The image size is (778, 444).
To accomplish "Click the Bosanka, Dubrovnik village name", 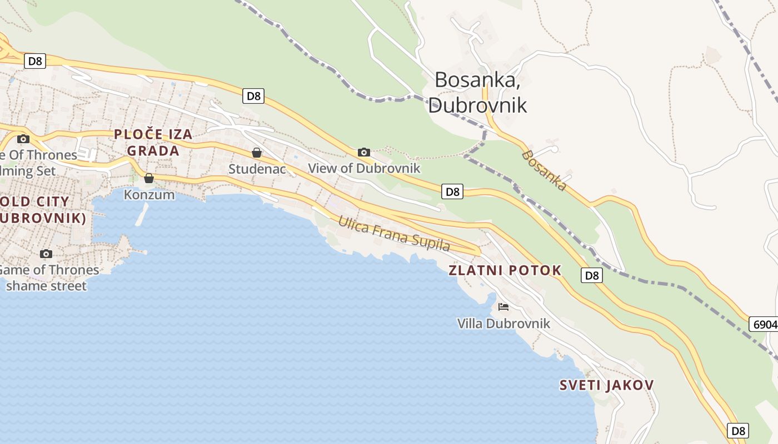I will click(x=477, y=92).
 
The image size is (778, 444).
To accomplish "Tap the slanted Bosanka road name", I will click(x=545, y=170).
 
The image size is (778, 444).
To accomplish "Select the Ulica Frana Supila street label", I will click(x=394, y=234).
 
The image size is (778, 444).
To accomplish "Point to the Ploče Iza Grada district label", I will click(x=153, y=142).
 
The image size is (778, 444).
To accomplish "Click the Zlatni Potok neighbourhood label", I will click(x=505, y=270).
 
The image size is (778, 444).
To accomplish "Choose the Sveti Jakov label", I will click(x=606, y=385).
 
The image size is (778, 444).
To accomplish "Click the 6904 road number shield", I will click(x=764, y=324).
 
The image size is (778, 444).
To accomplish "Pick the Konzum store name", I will click(x=149, y=195).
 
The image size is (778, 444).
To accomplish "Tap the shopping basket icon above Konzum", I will click(x=149, y=178).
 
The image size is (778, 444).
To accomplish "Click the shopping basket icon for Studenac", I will click(x=257, y=152).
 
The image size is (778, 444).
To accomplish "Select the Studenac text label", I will click(x=257, y=168).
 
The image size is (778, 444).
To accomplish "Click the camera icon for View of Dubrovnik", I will click(x=364, y=152).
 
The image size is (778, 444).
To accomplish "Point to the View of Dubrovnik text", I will click(x=364, y=168).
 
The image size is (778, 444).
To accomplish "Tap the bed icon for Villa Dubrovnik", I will click(x=503, y=306).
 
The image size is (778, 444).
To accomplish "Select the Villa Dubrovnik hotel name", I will click(x=503, y=323).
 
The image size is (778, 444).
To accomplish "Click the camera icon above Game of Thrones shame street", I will click(x=46, y=254).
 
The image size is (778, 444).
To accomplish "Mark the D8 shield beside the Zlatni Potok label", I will click(x=592, y=275).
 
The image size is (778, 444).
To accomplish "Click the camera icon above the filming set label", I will click(x=23, y=139).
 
